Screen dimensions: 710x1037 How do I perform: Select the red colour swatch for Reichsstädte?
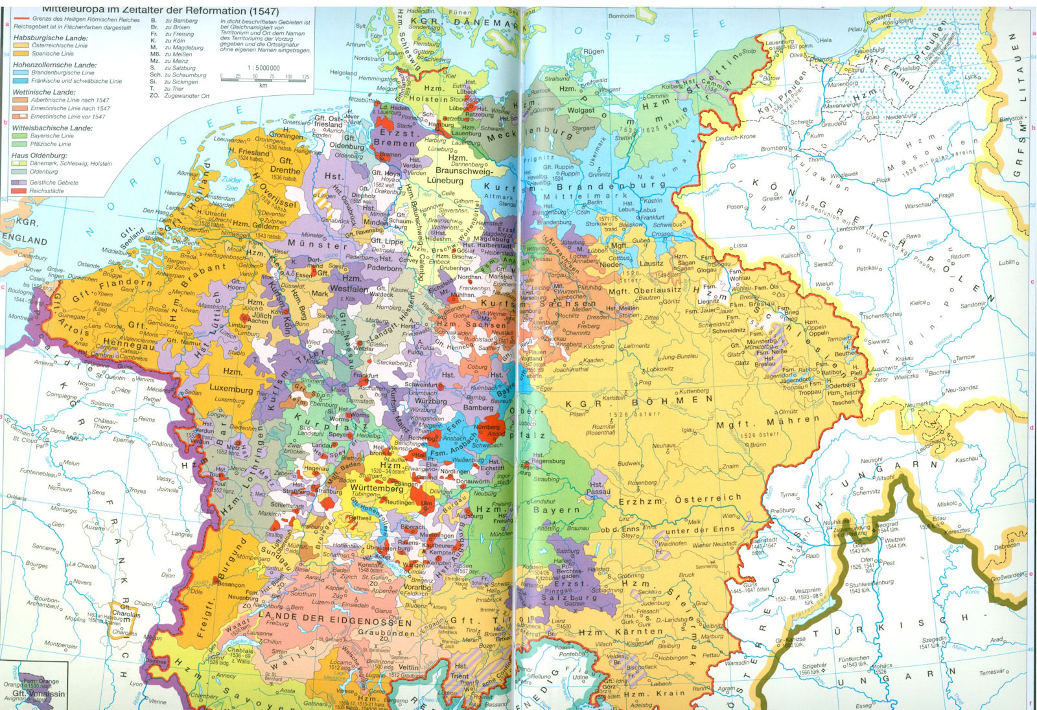tap(19, 191)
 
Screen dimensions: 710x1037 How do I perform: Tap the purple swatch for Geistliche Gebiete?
tap(19, 183)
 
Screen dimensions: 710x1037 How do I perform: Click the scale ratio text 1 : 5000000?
tap(263, 67)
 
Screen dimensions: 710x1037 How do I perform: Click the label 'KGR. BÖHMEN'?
tap(638, 401)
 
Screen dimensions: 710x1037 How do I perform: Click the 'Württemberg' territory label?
tap(377, 489)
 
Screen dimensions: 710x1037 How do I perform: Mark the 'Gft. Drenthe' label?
tap(285, 166)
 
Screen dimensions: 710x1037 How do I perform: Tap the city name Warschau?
tap(918, 206)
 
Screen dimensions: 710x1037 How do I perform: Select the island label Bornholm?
tap(621, 16)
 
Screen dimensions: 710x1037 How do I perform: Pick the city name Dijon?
tap(168, 575)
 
